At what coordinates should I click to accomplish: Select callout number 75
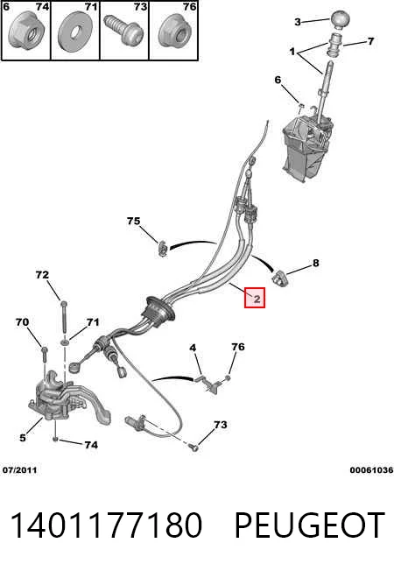[x=134, y=221]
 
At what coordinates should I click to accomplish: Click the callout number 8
[x=315, y=263]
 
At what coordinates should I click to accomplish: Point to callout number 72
[x=42, y=274]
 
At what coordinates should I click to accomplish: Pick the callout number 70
[x=22, y=322]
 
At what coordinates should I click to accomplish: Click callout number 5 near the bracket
[x=23, y=437]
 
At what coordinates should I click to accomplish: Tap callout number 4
[x=193, y=348]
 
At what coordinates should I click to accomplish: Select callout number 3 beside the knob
[x=298, y=22]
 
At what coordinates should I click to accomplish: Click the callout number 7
[x=370, y=41]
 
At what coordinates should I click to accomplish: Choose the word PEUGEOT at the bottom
[x=310, y=525]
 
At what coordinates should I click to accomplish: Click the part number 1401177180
[x=106, y=525]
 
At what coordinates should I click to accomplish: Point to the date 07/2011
[x=19, y=469]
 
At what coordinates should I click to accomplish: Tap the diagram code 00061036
[x=371, y=469]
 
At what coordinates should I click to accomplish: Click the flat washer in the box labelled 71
[x=75, y=32]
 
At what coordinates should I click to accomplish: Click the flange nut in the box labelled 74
[x=26, y=31]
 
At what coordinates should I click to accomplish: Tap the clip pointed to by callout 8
[x=279, y=278]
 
